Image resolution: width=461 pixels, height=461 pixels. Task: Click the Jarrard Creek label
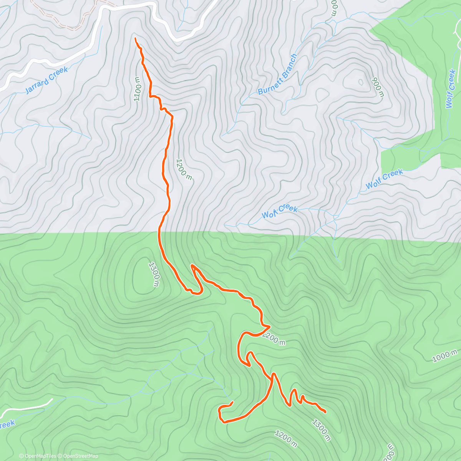(x=46, y=80)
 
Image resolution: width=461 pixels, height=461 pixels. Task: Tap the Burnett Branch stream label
(x=277, y=75)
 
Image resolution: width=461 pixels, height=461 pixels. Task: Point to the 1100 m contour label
(x=138, y=89)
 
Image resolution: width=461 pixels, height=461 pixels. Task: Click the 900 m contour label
(x=378, y=88)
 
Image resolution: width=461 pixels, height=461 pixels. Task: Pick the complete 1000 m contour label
(x=445, y=356)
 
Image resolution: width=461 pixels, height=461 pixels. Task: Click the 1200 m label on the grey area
(x=184, y=169)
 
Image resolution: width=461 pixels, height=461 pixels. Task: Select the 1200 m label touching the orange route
(x=274, y=339)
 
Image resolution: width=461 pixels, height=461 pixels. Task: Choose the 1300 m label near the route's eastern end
(x=321, y=430)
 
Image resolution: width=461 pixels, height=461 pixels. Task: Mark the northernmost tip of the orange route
(x=136, y=38)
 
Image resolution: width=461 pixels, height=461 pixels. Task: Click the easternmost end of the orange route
(x=326, y=412)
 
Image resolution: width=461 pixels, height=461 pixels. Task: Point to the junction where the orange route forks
(x=274, y=374)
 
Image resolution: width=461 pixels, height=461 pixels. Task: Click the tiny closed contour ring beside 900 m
(x=360, y=81)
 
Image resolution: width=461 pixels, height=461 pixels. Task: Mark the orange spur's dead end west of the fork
(x=233, y=402)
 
